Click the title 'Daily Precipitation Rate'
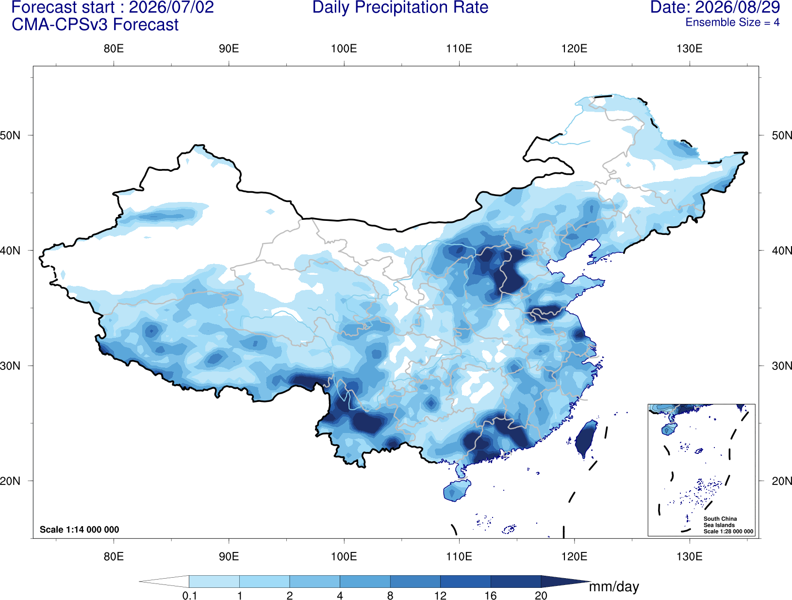[400, 7]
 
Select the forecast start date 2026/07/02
[171, 7]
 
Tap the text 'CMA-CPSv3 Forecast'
[95, 25]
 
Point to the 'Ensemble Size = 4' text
[732, 22]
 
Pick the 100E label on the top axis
[344, 49]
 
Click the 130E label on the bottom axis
[690, 556]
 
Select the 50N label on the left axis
[10, 135]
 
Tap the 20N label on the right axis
[782, 481]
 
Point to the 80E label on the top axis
[114, 49]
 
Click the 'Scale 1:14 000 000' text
[80, 529]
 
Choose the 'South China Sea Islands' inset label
[720, 522]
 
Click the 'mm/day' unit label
[614, 587]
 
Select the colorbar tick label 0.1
[189, 596]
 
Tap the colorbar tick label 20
[541, 596]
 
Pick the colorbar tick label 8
[390, 596]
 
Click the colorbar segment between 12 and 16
[465, 581]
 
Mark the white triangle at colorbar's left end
[164, 581]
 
